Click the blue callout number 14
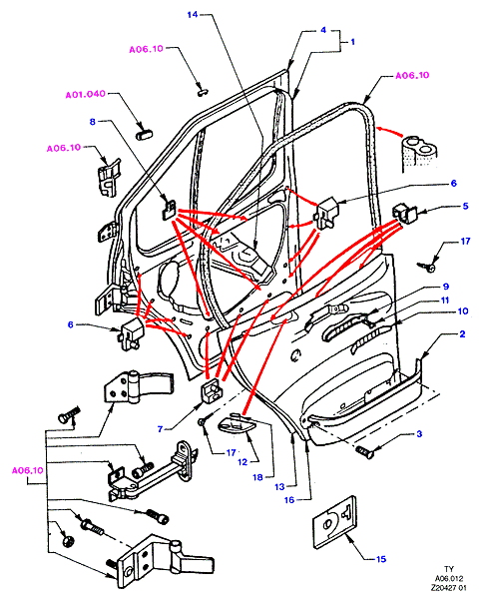coord(193,15)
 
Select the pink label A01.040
coord(86,95)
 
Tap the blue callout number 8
coord(93,122)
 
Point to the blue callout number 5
coord(465,206)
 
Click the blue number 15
coord(381,559)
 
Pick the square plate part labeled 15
coord(334,522)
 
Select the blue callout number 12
coord(242,462)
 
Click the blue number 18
coord(257,477)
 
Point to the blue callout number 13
coord(280,487)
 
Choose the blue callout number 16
coord(289,500)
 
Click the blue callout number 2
coord(462,334)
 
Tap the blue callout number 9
coord(446,287)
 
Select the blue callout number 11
coord(445,301)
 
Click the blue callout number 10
coord(463,310)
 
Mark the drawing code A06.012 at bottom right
coord(449,578)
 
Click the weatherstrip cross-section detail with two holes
coord(418,153)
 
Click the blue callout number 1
coord(352,42)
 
